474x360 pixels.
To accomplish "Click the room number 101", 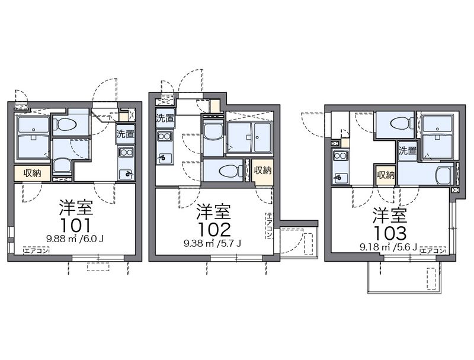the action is click(x=75, y=225).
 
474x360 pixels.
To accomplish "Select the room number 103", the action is click(x=390, y=233).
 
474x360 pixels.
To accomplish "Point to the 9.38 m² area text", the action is click(x=200, y=243).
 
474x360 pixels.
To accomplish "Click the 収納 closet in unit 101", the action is click(x=32, y=173).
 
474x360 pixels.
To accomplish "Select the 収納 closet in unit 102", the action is click(x=262, y=171).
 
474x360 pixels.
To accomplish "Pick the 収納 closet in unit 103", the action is click(x=386, y=175).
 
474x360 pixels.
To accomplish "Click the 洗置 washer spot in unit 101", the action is click(x=126, y=134).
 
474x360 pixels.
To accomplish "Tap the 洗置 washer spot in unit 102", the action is click(x=165, y=118).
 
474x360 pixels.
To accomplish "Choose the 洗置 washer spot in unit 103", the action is click(x=407, y=150).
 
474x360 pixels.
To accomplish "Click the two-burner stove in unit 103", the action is click(x=340, y=156).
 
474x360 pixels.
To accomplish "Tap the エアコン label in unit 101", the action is click(x=36, y=250).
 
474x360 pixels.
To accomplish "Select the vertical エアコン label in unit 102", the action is click(x=269, y=226).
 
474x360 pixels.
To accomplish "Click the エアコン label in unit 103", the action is click(x=433, y=250).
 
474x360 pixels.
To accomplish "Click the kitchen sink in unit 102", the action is click(x=164, y=157).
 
